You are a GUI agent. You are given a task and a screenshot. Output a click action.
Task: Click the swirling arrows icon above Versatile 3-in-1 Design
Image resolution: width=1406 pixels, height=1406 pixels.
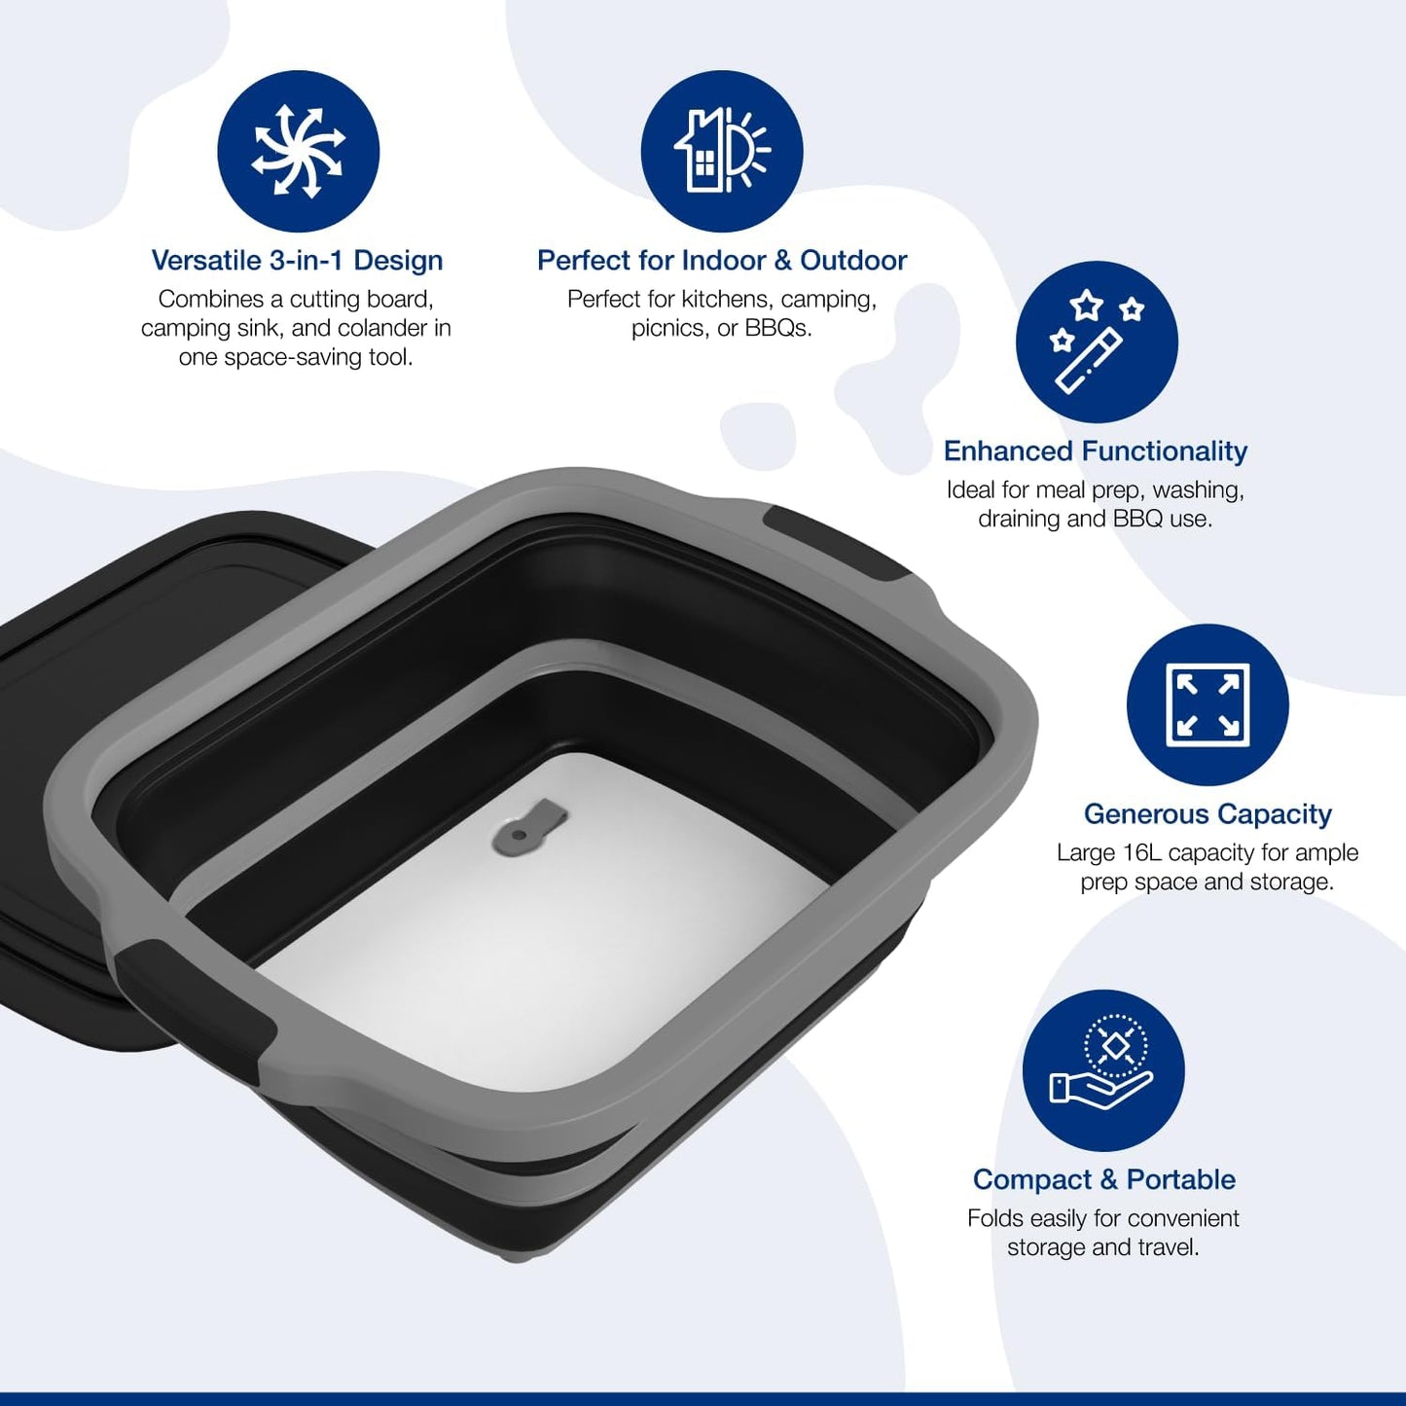pos(298,152)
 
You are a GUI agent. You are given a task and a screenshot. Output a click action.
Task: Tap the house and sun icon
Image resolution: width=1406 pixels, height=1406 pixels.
pos(722,152)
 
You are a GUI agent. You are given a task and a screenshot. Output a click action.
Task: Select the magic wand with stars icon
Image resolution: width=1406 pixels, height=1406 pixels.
pos(1097,342)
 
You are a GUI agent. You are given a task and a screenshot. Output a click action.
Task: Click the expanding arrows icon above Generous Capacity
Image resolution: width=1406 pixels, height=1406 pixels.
pos(1208,704)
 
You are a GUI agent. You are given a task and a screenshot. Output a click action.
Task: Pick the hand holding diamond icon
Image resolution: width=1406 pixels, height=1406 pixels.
pos(1103,1070)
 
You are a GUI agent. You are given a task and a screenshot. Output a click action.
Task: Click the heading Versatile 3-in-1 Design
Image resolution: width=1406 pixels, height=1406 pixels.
pos(297,261)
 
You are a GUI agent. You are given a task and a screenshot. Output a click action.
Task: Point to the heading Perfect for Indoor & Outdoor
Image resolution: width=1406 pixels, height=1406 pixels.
pos(721,261)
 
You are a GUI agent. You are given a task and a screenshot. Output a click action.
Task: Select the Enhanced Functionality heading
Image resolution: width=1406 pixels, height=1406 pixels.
pos(1095,451)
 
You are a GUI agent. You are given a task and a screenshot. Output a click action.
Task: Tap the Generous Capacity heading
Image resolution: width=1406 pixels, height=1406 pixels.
pos(1208,814)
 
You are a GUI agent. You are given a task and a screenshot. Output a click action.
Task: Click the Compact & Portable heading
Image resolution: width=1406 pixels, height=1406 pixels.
pos(1103,1180)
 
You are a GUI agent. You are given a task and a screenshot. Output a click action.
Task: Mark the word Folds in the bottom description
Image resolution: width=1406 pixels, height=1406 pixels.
pos(995,1218)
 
